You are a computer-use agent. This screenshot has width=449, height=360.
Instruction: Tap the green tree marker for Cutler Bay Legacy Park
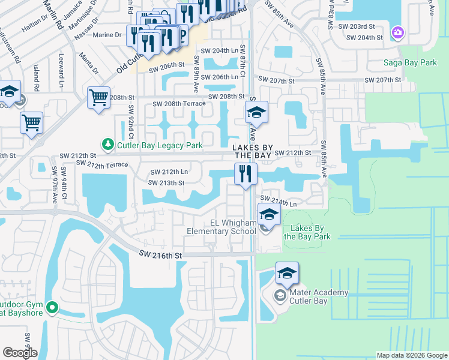[x=107, y=144]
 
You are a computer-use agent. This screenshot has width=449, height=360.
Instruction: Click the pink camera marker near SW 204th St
[x=397, y=32]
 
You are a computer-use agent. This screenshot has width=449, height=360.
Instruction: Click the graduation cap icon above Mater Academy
[x=287, y=273]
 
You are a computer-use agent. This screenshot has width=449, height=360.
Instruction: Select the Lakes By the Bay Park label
[x=307, y=232]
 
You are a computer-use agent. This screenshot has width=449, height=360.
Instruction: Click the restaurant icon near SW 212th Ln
[x=245, y=174]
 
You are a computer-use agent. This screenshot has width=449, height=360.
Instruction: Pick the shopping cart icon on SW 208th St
[x=98, y=98]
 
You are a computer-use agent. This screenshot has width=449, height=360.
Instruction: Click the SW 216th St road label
[x=160, y=255]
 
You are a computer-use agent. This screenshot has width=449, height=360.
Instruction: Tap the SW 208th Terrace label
[x=179, y=104]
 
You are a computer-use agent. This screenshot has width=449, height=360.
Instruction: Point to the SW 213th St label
[x=166, y=183]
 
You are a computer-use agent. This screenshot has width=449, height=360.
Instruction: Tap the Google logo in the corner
[x=20, y=353]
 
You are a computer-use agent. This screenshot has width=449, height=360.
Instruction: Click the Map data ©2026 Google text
[x=411, y=355]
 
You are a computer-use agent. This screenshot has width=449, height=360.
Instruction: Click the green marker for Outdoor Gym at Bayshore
[x=52, y=308]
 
